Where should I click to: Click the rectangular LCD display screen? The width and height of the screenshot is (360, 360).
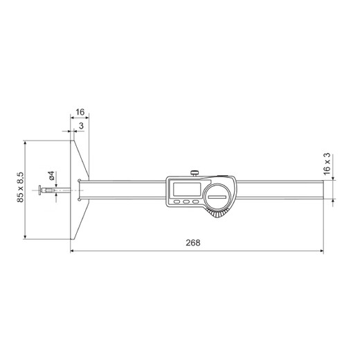(186, 188)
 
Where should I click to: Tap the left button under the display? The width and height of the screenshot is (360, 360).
(177, 202)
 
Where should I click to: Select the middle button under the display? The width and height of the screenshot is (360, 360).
(186, 202)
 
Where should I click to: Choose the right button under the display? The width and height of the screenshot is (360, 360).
(195, 202)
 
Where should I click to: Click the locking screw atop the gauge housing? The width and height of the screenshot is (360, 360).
(195, 171)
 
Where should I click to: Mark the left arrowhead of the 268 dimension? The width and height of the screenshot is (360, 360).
(73, 252)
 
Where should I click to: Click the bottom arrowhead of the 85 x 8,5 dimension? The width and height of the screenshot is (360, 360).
(26, 239)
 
